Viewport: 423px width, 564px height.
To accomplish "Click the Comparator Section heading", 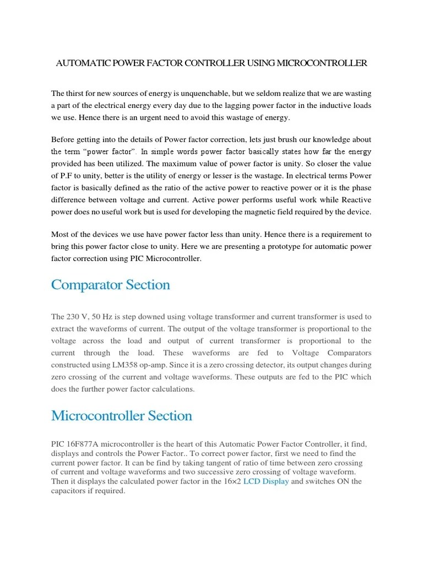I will (x=110, y=285).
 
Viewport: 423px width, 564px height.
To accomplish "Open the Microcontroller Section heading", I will (x=121, y=415).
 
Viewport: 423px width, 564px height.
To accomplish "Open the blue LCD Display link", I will (x=266, y=481).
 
